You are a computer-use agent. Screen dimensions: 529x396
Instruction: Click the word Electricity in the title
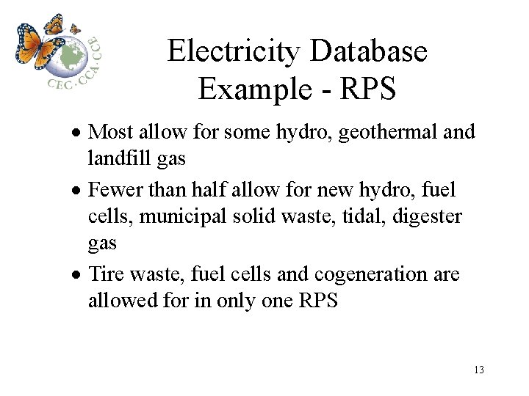click(234, 51)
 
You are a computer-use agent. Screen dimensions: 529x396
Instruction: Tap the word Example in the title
click(255, 89)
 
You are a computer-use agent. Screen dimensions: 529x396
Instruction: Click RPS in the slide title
click(368, 88)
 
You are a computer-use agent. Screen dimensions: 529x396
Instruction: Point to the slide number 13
click(479, 370)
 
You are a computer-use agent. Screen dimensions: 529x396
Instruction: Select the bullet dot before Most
click(76, 132)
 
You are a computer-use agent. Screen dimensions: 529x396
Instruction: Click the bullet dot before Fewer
click(76, 191)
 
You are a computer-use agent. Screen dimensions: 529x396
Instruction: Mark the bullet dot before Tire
click(76, 275)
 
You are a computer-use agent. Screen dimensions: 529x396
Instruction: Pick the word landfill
click(119, 157)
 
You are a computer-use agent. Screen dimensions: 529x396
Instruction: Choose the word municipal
click(182, 217)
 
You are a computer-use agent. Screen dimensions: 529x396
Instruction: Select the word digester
click(427, 217)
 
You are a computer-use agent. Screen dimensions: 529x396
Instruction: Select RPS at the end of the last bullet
click(318, 299)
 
